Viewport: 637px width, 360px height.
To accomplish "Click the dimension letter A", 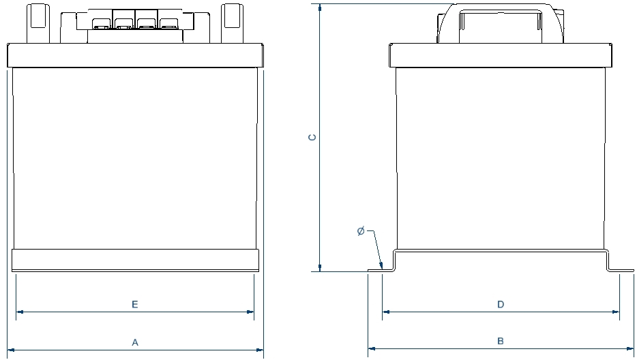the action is [x=135, y=342].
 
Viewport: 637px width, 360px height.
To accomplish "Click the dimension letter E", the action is [x=135, y=304].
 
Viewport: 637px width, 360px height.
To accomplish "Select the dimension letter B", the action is [x=501, y=341].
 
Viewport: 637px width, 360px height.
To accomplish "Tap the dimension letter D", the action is [x=501, y=304].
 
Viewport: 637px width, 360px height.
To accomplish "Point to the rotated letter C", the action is [x=312, y=137].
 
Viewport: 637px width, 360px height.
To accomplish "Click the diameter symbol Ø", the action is [x=361, y=231].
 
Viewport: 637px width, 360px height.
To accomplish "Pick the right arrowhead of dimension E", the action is [x=250, y=312].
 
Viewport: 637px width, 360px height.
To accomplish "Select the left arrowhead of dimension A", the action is [x=11, y=350].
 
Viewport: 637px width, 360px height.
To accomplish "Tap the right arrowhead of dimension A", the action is [x=260, y=350].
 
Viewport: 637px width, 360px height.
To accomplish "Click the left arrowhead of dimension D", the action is [x=386, y=312].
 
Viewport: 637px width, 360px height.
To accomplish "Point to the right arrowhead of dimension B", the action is [x=630, y=348].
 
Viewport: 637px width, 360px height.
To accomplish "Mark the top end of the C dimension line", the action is [x=320, y=5].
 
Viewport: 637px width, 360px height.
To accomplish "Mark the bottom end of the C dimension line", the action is [x=320, y=271].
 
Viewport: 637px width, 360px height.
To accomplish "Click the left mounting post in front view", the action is [x=38, y=24].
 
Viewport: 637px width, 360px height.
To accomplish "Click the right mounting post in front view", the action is [x=233, y=24].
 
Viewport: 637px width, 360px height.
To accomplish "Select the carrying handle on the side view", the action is [x=501, y=24].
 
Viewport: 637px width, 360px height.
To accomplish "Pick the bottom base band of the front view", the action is [x=135, y=260].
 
